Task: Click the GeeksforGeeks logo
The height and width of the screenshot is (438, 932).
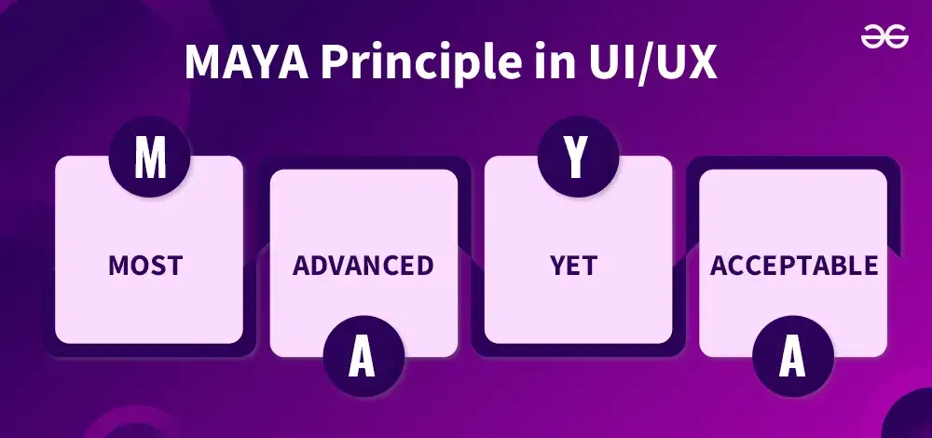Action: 884,38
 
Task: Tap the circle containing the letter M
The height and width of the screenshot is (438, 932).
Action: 150,157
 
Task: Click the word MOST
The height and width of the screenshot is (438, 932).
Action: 145,266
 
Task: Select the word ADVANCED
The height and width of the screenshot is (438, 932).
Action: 363,266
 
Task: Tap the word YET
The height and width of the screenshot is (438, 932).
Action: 574,266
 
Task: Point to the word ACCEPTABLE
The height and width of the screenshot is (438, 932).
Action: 794,266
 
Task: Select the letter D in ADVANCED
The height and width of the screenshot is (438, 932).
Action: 320,266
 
